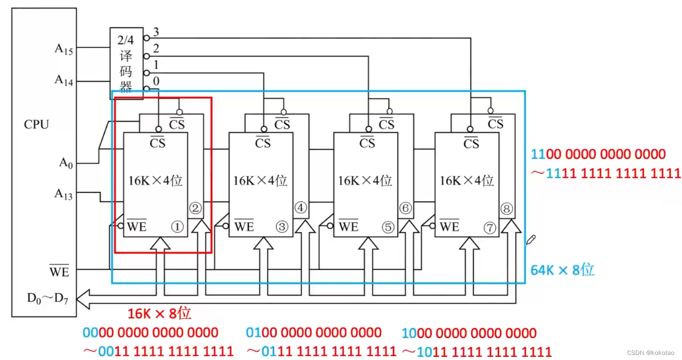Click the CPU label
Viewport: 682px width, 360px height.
36,124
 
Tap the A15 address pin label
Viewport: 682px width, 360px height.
64,49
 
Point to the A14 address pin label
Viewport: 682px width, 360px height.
64,80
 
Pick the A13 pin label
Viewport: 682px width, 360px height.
63,193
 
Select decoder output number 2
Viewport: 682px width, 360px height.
156,49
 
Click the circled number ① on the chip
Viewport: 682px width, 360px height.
177,227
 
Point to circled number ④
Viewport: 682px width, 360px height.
300,207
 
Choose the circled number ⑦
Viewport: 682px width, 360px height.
490,228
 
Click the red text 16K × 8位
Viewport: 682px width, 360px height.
159,314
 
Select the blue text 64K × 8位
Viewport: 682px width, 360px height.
562,270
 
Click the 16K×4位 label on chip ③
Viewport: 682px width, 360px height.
260,180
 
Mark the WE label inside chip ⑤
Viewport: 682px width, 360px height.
348,227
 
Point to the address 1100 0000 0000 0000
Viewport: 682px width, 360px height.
598,154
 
